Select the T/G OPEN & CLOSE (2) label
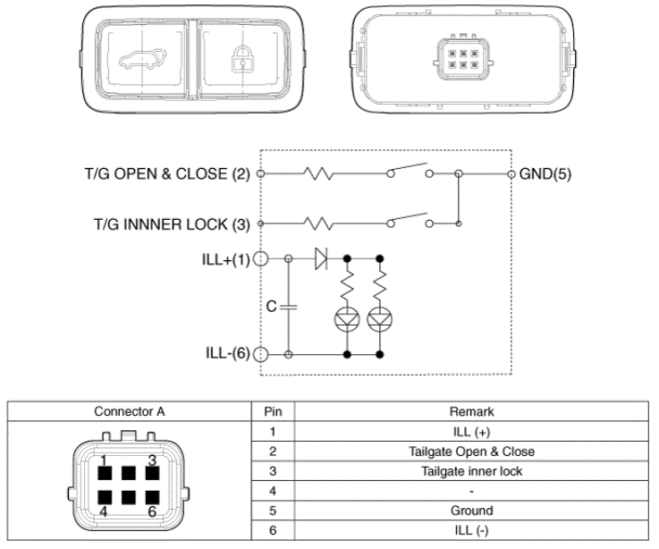[163, 173]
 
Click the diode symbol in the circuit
[321, 259]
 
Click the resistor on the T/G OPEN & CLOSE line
[318, 173]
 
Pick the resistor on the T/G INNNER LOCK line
[318, 223]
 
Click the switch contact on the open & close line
[410, 170]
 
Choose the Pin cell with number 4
[272, 491]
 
